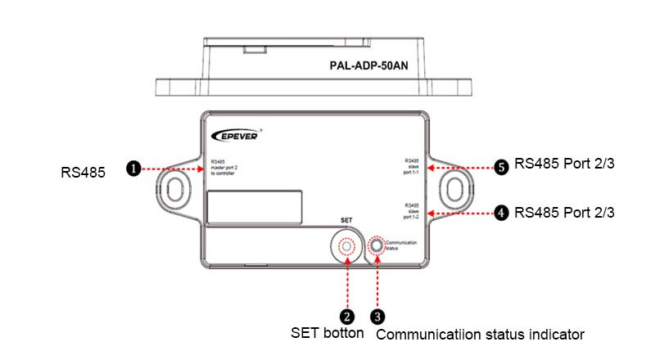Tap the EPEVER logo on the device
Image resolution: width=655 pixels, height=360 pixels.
click(x=237, y=136)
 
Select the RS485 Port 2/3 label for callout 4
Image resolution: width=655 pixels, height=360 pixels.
click(x=564, y=213)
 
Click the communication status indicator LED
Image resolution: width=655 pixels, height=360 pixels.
click(x=377, y=245)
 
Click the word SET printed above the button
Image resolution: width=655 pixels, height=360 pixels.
click(x=347, y=222)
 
